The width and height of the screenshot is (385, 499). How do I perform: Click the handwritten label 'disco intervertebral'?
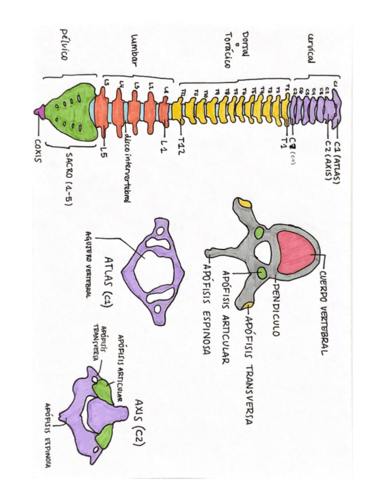(x=126, y=171)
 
